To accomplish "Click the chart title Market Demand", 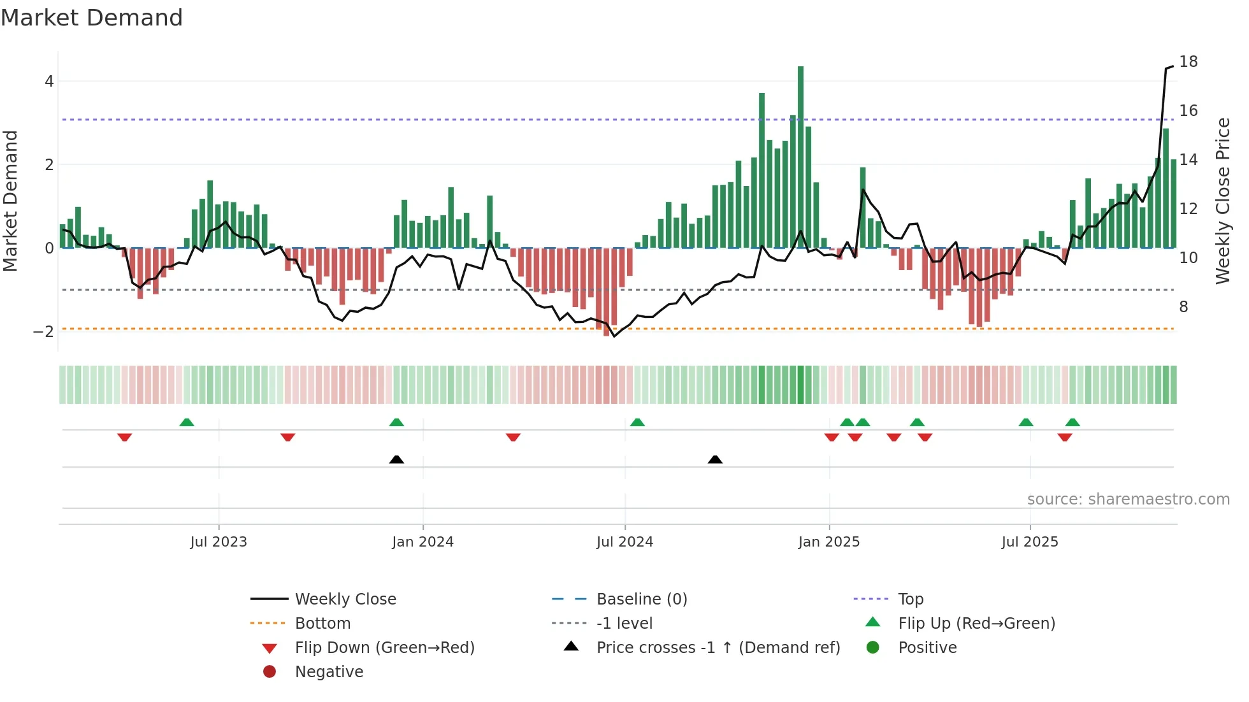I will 92,18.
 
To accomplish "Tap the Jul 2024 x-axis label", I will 624,542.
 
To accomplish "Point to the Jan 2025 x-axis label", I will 828,542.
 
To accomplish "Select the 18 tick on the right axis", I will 1188,62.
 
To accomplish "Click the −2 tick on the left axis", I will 43,332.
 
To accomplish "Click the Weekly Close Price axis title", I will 1222,201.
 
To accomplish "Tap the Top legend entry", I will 910,599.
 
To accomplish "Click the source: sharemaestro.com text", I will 1128,499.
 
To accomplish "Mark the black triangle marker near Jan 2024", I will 396,459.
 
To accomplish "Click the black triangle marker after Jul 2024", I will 715,459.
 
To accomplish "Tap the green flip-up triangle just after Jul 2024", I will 637,422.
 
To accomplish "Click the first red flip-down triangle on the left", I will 125,437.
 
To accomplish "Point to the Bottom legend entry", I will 322,624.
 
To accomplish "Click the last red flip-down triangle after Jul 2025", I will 1065,437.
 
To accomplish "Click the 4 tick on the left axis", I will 49,82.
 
